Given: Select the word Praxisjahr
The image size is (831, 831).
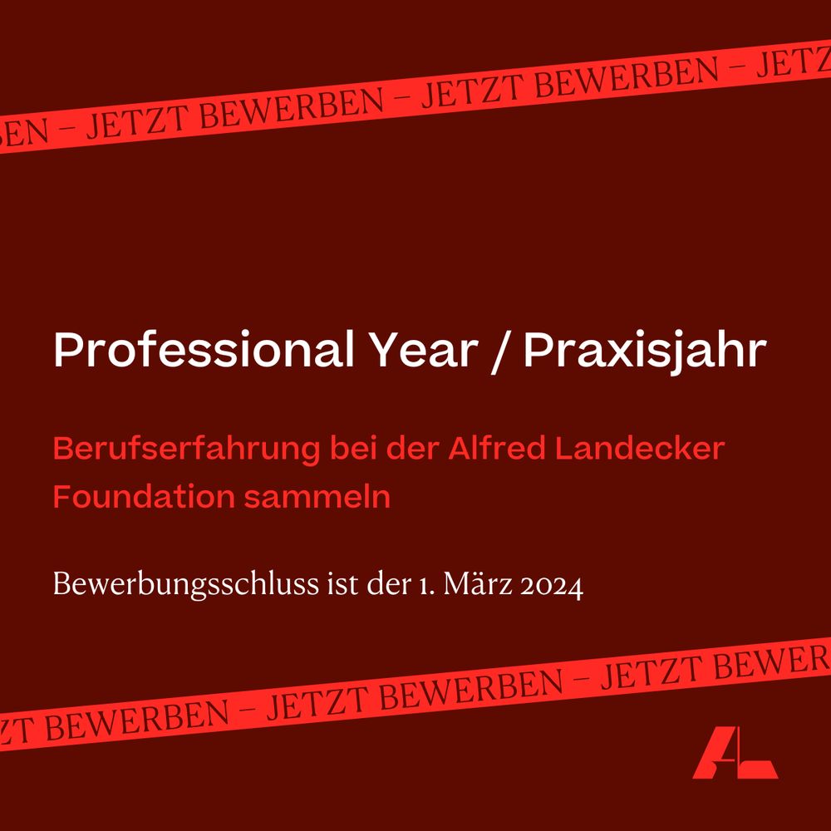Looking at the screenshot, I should tap(643, 353).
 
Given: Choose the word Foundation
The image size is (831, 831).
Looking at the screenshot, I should tap(143, 497).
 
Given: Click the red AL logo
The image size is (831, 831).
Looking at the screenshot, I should tap(735, 753).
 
